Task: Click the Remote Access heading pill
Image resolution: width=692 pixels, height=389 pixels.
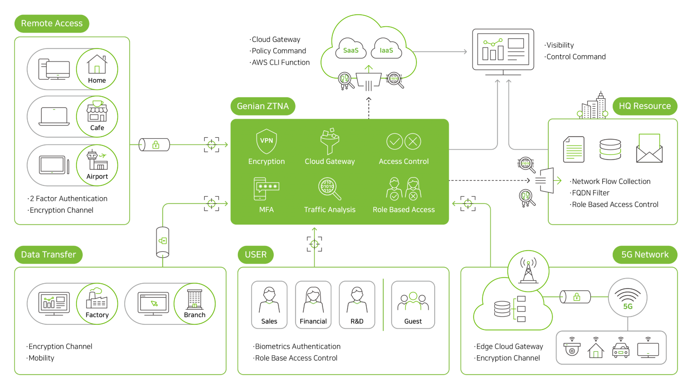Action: [x=52, y=23]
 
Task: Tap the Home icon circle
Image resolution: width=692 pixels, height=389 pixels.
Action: [x=97, y=69]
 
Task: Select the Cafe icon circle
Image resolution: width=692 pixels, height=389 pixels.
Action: [x=97, y=116]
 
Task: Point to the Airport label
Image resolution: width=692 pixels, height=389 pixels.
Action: [x=97, y=176]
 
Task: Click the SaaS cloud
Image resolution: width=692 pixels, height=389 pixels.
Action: [x=351, y=50]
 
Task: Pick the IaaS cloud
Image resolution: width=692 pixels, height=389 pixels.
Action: [x=386, y=50]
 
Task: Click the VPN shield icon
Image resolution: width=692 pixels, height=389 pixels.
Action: [x=266, y=141]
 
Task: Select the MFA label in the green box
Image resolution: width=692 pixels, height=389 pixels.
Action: [x=266, y=210]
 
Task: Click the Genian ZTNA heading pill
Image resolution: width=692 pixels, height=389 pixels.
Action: [x=263, y=106]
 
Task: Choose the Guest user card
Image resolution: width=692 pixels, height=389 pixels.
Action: [x=413, y=305]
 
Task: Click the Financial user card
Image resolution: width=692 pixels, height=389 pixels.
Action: [x=313, y=305]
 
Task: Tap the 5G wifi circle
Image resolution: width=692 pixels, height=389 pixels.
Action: [x=627, y=297]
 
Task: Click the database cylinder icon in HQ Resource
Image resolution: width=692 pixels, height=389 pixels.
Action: [x=610, y=149]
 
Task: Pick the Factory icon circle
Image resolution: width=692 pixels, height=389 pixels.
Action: [x=97, y=304]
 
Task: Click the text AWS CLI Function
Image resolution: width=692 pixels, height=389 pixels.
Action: [x=280, y=62]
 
